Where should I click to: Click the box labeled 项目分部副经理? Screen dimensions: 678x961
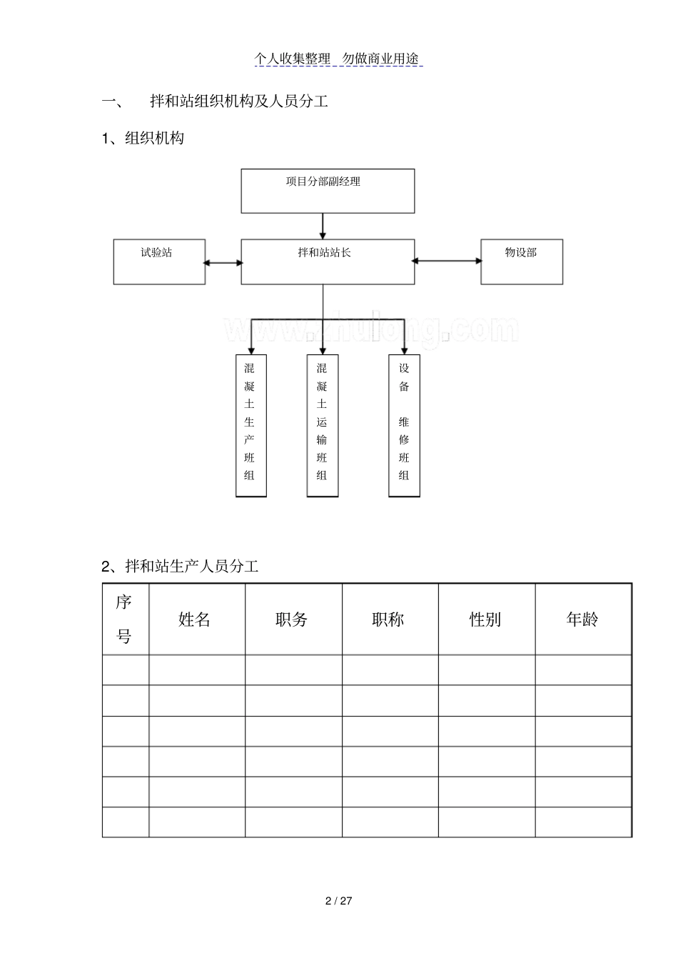pos(328,191)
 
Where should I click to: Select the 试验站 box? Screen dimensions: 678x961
pos(159,262)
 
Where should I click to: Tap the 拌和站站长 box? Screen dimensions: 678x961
pos(328,262)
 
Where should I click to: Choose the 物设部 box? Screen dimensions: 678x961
pos(522,262)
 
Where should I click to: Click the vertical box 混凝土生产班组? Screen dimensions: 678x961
pos(251,426)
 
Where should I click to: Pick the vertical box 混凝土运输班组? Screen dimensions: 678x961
pos(323,426)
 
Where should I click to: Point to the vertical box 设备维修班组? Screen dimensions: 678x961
pos(404,426)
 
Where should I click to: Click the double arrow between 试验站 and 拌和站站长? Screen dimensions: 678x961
pos(223,262)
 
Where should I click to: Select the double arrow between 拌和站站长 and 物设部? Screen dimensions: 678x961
pos(447,260)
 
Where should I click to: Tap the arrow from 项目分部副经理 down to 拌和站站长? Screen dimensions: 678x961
pos(323,226)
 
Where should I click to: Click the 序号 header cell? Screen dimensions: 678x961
pos(126,619)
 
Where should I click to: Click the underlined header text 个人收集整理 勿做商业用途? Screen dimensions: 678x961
pos(338,59)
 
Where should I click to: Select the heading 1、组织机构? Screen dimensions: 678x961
pos(143,138)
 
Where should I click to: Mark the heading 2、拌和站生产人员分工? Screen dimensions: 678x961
pos(180,567)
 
